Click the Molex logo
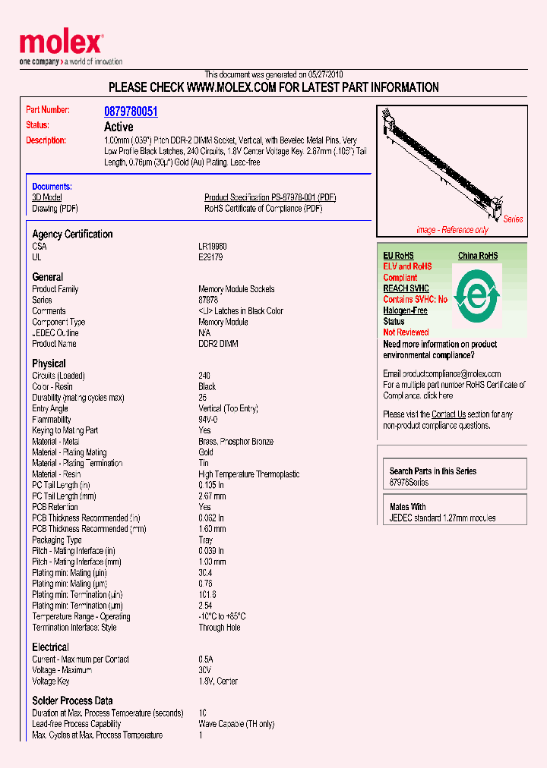61,45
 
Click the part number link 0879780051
131,112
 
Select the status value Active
119,127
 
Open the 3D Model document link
46,197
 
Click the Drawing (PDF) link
55,208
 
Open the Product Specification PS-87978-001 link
270,197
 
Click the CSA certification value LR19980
213,247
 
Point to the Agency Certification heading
72,234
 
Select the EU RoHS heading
398,256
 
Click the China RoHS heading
477,256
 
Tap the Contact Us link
448,414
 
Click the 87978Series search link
409,483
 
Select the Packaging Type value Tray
206,540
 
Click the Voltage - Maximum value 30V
205,670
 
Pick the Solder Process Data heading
72,700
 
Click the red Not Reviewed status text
406,332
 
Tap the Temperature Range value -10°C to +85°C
222,616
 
